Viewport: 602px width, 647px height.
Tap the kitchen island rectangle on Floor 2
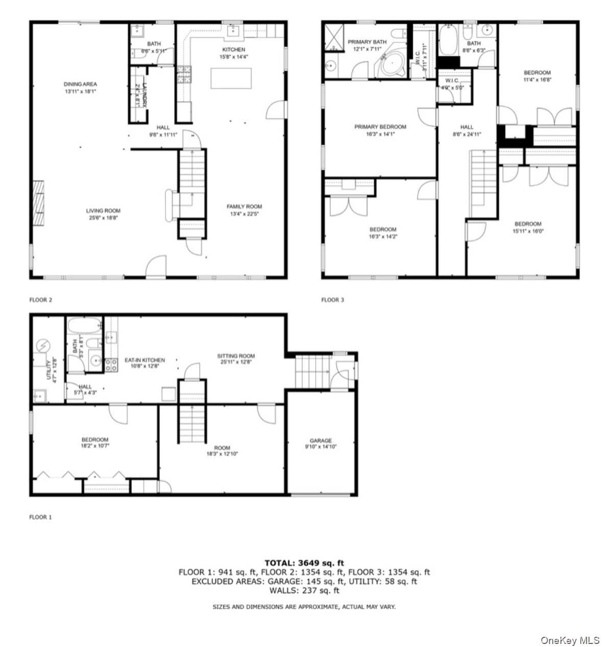point(231,79)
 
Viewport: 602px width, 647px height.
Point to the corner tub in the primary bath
point(391,64)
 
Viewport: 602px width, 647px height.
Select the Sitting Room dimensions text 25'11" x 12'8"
point(236,362)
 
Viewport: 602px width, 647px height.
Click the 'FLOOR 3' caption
point(332,300)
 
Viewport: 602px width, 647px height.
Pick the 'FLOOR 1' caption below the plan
point(40,517)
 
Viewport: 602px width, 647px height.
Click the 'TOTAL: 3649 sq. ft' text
point(304,563)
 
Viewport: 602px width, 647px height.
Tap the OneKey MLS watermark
point(570,640)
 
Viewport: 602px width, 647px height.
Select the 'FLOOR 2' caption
point(40,300)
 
